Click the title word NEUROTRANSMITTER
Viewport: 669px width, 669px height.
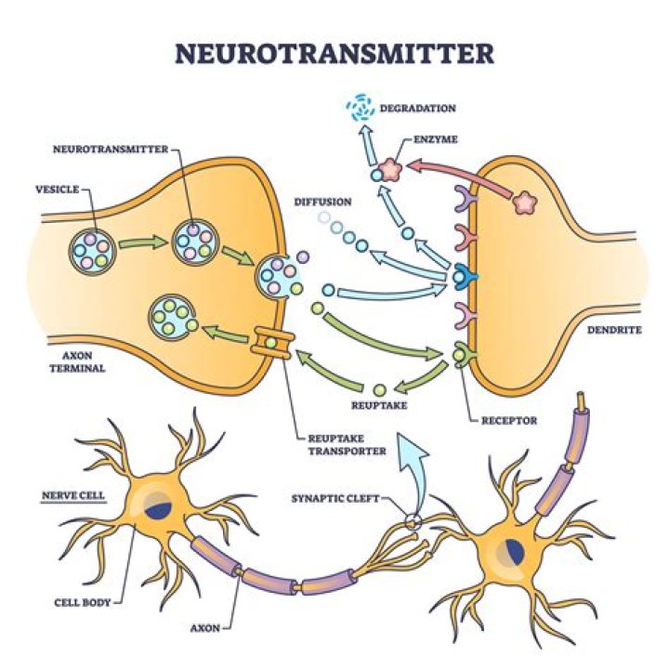(334, 54)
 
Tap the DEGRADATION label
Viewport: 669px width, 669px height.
(416, 109)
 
